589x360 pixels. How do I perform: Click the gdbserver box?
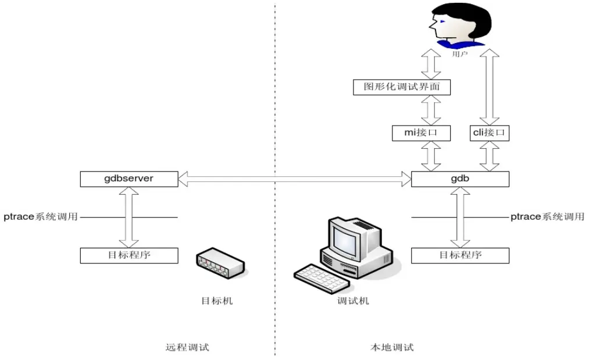128,179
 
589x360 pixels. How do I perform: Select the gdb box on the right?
460,179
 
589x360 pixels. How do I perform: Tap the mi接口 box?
422,133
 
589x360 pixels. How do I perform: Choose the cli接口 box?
489,133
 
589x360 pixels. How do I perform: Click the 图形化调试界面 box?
402,87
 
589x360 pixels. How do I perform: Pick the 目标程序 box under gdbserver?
128,255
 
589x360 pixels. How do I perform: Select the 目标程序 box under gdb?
460,255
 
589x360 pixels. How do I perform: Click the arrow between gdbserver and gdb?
295,179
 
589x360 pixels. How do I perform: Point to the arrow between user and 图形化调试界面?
431,65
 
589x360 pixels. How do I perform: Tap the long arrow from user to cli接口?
489,87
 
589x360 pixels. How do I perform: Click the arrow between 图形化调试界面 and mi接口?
431,110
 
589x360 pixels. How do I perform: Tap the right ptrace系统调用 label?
547,217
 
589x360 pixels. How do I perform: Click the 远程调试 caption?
187,347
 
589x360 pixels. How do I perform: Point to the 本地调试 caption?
392,347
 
